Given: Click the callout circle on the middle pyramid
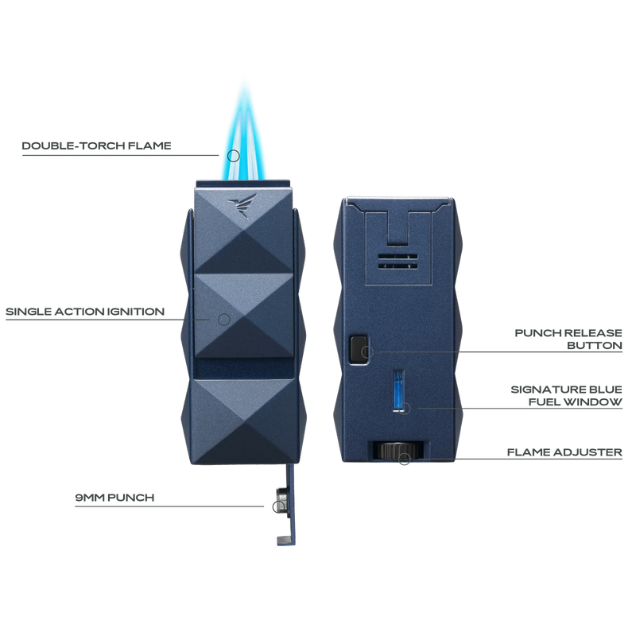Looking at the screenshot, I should (223, 319).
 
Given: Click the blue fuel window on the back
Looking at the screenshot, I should (398, 391).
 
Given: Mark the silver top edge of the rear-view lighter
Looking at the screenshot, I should (398, 196).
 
